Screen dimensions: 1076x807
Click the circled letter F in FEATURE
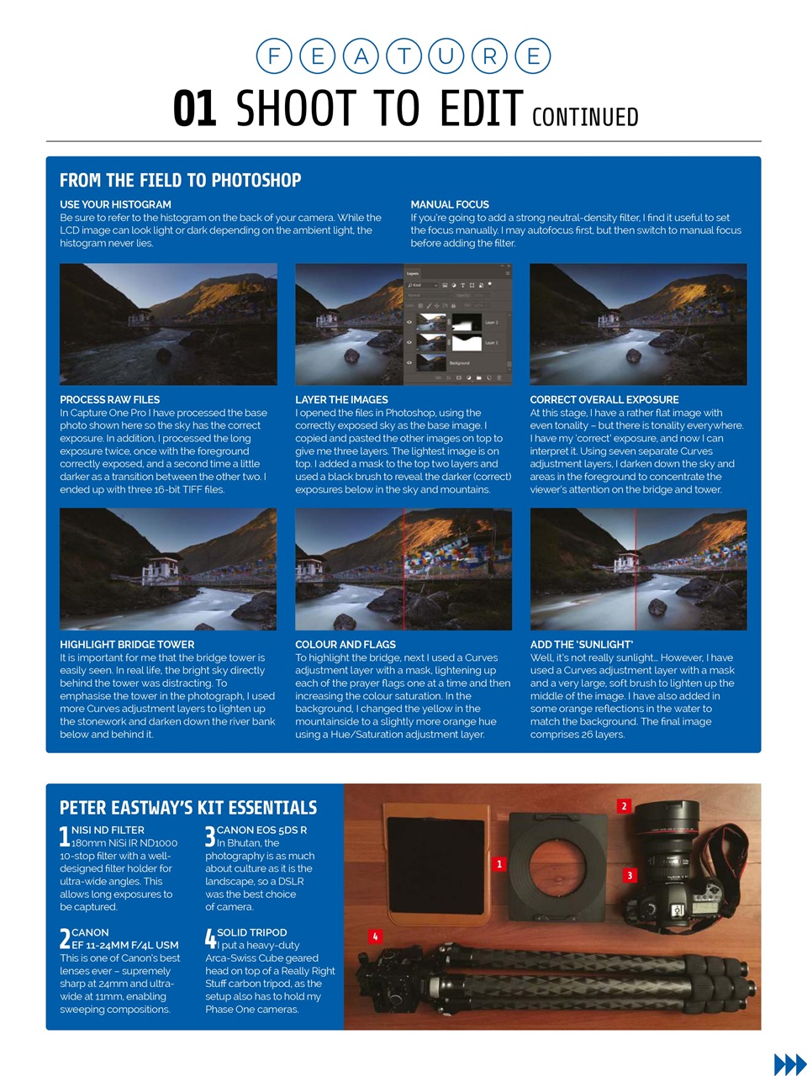click(x=274, y=56)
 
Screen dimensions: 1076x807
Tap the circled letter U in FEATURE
click(x=446, y=56)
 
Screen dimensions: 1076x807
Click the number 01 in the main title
click(x=195, y=109)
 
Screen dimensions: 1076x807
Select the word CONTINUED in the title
click(x=585, y=117)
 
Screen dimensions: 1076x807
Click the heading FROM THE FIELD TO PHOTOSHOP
click(x=180, y=180)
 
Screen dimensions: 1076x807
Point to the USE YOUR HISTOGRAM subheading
click(x=115, y=204)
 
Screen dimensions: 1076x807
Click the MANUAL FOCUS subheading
click(x=450, y=204)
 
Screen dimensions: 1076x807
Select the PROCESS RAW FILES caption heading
click(x=109, y=399)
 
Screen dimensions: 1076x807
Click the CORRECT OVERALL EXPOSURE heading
click(x=604, y=399)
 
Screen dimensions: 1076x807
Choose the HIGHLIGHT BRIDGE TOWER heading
click(x=126, y=644)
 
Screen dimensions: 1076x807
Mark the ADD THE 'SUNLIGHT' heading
click(x=581, y=644)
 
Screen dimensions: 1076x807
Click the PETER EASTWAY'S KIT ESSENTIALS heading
click(x=188, y=808)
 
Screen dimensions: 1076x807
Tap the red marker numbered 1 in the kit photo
click(x=499, y=864)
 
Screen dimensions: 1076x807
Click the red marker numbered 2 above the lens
click(x=624, y=806)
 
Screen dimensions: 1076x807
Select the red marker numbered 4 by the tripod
click(x=375, y=936)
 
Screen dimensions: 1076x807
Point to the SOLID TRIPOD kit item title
click(x=251, y=932)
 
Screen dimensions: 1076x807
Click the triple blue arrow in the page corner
click(x=789, y=1063)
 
